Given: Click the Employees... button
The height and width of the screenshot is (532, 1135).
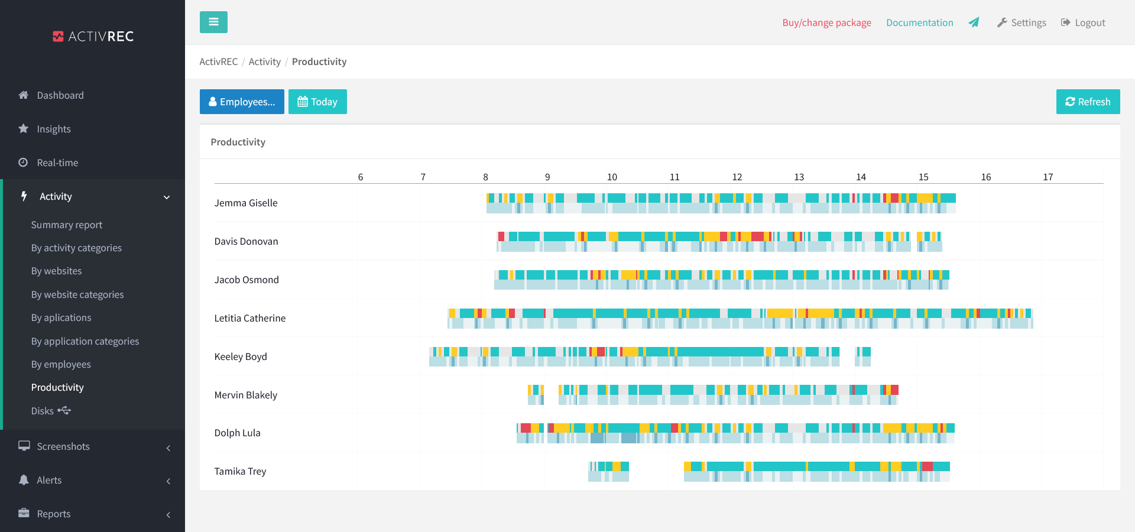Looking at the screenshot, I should coord(242,102).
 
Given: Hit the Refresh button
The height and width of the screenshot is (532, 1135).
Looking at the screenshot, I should coord(1088,102).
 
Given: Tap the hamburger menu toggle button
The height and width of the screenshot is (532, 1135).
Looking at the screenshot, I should coord(213,22).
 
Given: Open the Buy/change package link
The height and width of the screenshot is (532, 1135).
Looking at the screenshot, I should coord(826,22).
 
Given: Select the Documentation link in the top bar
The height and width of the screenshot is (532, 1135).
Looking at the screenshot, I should coord(919,22).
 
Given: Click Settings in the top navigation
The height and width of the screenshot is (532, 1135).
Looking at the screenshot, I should coord(1022,22).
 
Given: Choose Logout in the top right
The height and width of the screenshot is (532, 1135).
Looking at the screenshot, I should coord(1083,22).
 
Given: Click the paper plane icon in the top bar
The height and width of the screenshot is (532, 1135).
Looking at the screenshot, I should coord(974,22).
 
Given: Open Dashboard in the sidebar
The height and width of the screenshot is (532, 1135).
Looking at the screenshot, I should coord(60,95).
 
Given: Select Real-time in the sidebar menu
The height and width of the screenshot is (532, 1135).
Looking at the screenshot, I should coord(57,163).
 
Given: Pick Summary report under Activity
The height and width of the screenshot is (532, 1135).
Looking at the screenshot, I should coord(66,225).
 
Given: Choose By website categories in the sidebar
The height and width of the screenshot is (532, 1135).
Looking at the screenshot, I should coord(77,294).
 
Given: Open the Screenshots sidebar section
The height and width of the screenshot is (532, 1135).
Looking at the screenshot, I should coord(63,446).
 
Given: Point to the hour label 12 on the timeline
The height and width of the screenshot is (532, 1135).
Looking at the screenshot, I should coord(737,177).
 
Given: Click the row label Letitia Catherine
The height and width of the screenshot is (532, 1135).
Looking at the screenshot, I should coord(249,318).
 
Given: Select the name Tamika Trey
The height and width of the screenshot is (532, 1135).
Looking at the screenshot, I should coord(240,471).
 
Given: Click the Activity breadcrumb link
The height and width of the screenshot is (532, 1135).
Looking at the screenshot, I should coord(264,61).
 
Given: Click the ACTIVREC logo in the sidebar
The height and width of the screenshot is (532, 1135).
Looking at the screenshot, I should coord(93,37).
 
